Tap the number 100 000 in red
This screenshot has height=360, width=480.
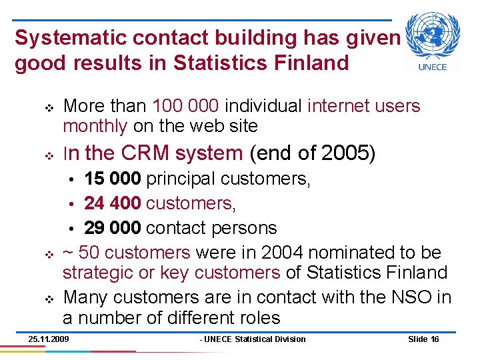(x=187, y=106)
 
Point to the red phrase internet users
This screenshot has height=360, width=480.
(x=364, y=106)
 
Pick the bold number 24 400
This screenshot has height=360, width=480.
(x=112, y=203)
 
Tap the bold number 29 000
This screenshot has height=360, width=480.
(x=112, y=228)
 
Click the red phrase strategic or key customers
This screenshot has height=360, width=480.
(x=171, y=272)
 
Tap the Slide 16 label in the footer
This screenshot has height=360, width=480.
(x=423, y=339)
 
